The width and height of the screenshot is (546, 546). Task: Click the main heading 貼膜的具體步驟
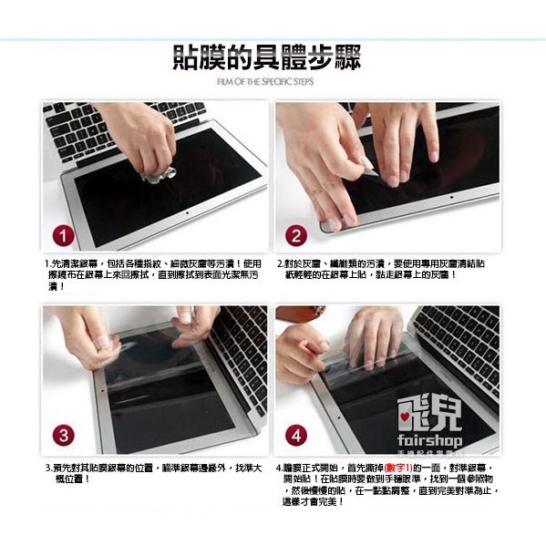267,58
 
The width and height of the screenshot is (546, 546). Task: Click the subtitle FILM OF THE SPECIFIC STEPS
267,83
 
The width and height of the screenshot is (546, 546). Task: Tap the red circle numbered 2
297,235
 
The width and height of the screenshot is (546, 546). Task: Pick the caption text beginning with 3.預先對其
154,471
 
